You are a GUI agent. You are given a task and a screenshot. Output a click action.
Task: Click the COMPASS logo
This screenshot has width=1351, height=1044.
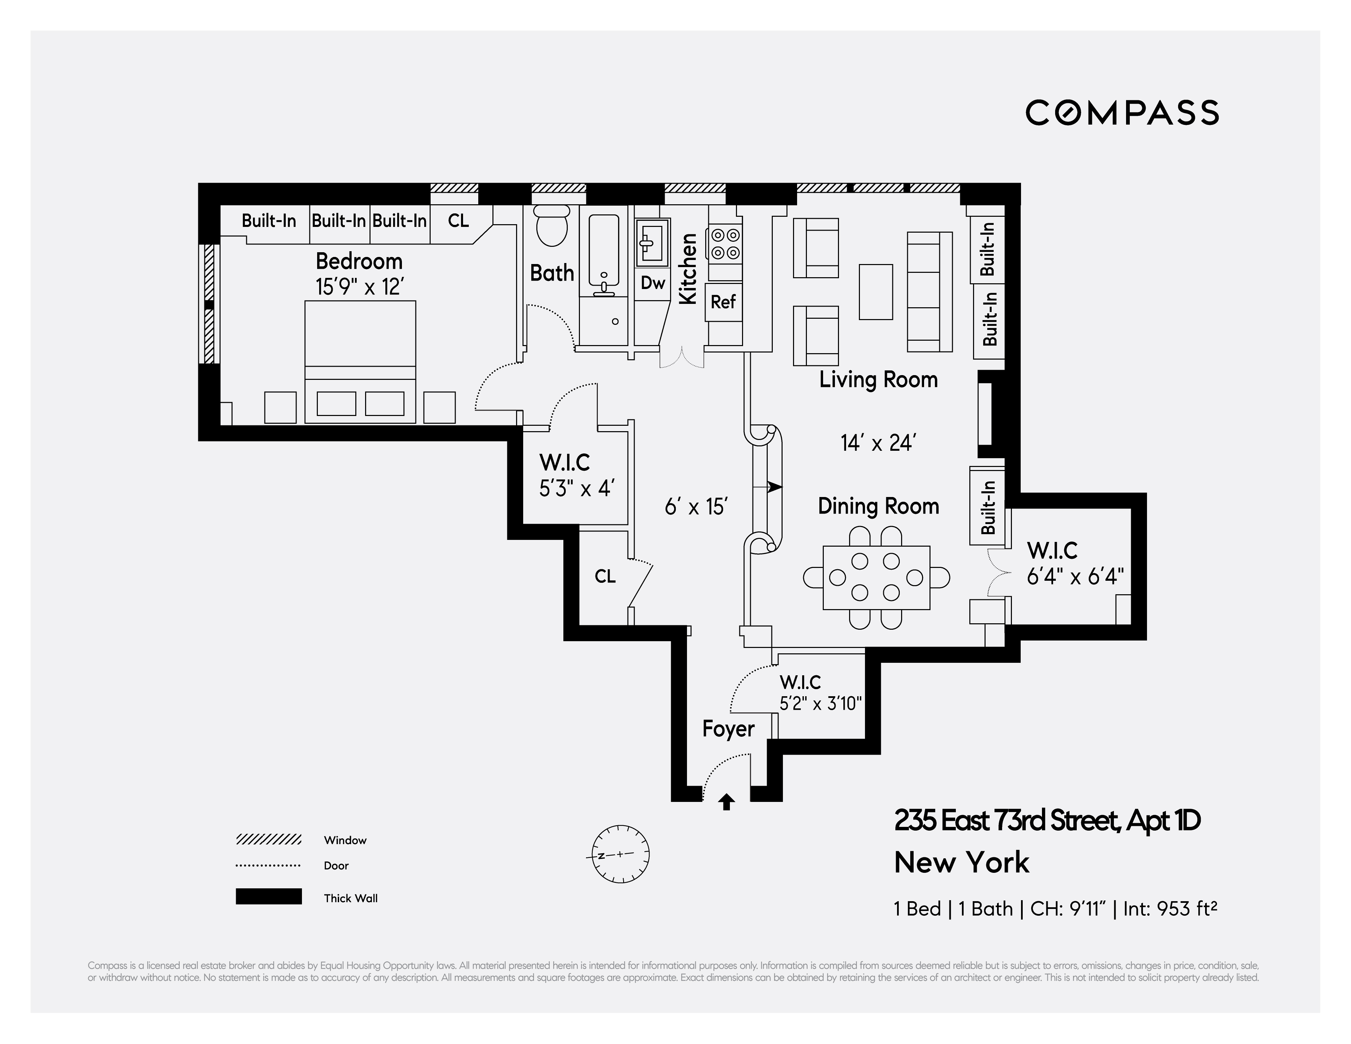pyautogui.click(x=1122, y=112)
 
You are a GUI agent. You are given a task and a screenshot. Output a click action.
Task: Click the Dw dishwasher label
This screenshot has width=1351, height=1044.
pyautogui.click(x=653, y=283)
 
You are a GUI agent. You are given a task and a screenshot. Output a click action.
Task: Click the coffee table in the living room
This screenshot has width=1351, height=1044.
pyautogui.click(x=875, y=292)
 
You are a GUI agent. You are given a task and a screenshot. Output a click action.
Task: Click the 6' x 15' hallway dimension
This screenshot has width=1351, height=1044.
pyautogui.click(x=695, y=507)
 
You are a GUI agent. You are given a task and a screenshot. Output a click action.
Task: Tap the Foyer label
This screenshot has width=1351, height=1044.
pyautogui.click(x=728, y=729)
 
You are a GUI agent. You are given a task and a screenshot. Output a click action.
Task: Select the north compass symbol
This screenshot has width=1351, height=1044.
pyautogui.click(x=620, y=854)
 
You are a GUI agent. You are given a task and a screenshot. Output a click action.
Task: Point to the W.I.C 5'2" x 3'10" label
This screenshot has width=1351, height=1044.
pyautogui.click(x=820, y=693)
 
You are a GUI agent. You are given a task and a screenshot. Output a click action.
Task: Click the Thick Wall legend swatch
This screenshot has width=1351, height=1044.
pyautogui.click(x=269, y=897)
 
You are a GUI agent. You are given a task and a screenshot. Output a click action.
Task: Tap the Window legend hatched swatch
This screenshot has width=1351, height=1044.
pyautogui.click(x=269, y=839)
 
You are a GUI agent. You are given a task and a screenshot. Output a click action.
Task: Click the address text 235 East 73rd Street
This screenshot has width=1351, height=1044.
pyautogui.click(x=1047, y=821)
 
